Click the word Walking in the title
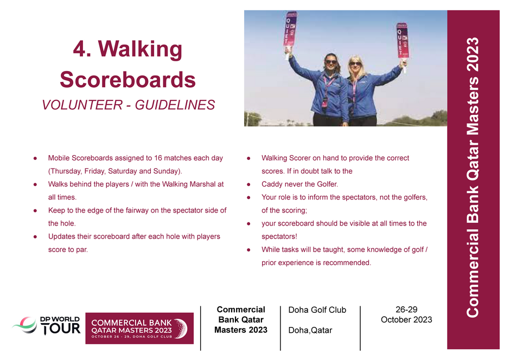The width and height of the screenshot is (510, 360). pyautogui.click(x=140, y=49)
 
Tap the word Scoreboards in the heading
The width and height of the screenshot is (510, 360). pyautogui.click(x=128, y=79)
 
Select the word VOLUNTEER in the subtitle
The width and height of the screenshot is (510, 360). pyautogui.click(x=82, y=105)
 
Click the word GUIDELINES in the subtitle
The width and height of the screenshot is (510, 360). pyautogui.click(x=175, y=105)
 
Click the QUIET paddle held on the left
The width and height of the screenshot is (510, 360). pyautogui.click(x=290, y=33)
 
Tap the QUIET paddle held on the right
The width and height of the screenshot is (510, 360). pyautogui.click(x=403, y=41)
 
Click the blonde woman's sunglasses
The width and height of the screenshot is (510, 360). pyautogui.click(x=355, y=63)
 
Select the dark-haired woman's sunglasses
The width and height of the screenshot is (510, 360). pyautogui.click(x=331, y=62)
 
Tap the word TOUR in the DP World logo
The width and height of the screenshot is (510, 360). pyautogui.click(x=61, y=329)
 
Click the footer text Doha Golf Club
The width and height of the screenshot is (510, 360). pyautogui.click(x=317, y=310)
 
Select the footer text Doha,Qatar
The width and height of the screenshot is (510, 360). pyautogui.click(x=310, y=330)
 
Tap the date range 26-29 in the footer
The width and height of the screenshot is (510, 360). pyautogui.click(x=406, y=310)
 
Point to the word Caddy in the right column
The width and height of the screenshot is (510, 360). pyautogui.click(x=271, y=184)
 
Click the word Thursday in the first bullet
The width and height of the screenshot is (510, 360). pyautogui.click(x=64, y=171)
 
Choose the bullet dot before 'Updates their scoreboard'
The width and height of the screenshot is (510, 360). pyautogui.click(x=35, y=236)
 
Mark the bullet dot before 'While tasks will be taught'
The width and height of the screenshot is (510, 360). pyautogui.click(x=248, y=250)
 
